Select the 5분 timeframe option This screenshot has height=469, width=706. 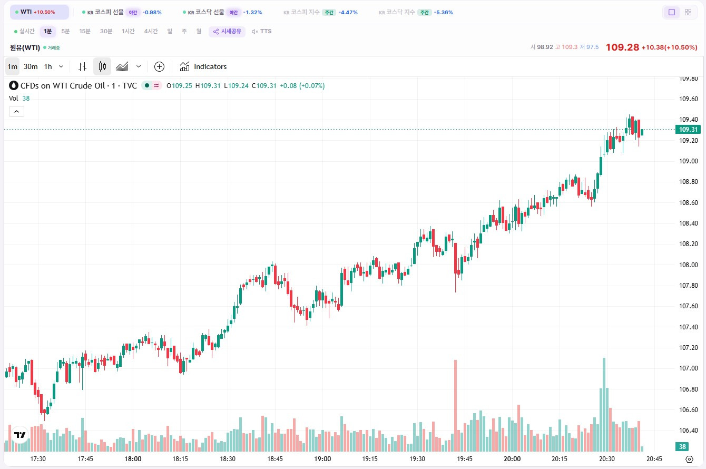tap(65, 31)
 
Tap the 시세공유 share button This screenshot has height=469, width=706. tap(227, 31)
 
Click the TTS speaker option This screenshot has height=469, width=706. tap(262, 31)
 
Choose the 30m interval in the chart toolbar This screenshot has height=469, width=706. tap(31, 66)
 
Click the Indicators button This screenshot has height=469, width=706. tap(203, 66)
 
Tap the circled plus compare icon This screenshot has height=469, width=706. tap(159, 66)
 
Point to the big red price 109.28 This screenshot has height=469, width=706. tap(622, 47)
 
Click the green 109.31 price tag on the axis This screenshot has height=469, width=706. tap(688, 130)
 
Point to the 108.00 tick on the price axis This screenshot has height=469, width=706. tap(688, 265)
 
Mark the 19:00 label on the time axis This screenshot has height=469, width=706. tap(322, 459)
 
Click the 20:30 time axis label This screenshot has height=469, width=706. tap(607, 459)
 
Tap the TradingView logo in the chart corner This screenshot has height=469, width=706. tap(20, 435)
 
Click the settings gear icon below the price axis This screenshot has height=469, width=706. tap(689, 459)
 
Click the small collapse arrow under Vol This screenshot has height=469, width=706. tap(16, 111)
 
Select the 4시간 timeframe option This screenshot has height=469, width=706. tap(151, 31)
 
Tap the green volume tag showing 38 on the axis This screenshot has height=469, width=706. tap(682, 446)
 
